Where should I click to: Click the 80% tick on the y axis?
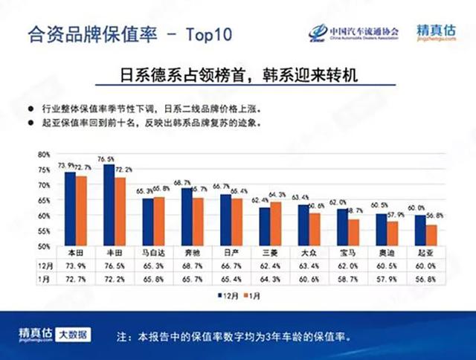(x=44, y=154)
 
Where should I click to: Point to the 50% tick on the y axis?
(x=44, y=246)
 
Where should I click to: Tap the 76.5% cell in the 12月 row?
(x=113, y=264)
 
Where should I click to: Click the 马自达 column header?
(x=152, y=253)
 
